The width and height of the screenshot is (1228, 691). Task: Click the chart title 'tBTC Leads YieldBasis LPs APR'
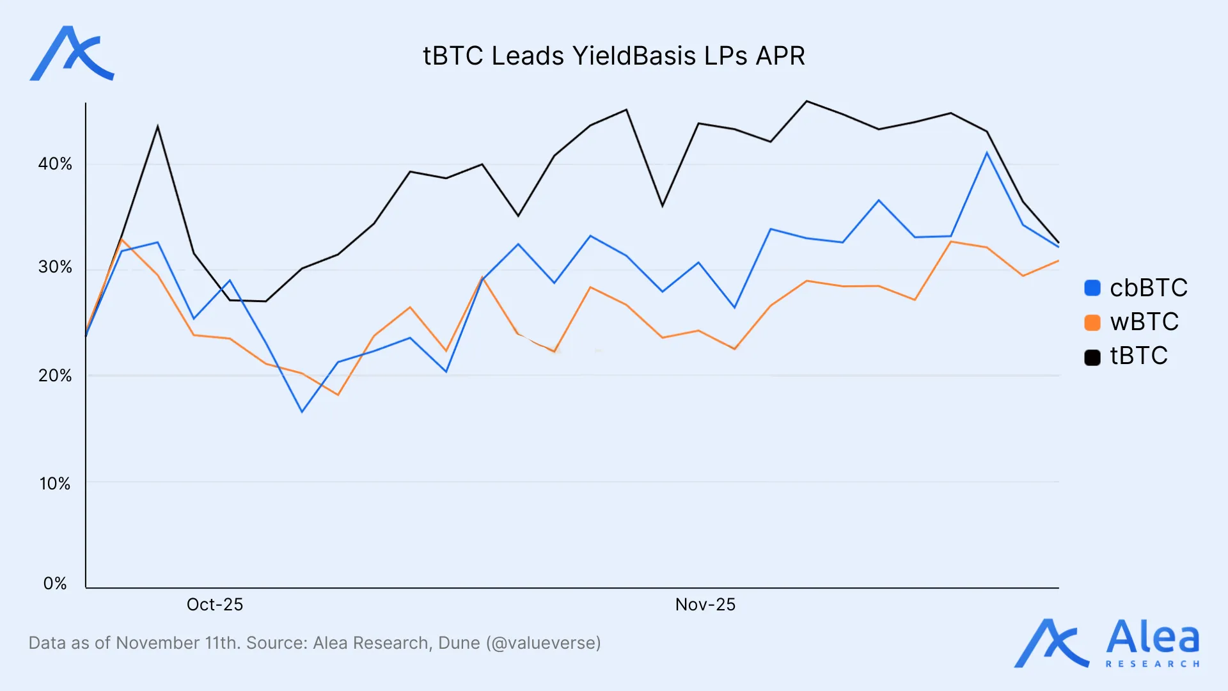(x=613, y=56)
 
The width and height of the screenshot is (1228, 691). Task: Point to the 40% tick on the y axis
(x=55, y=164)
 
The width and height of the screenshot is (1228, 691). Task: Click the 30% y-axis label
(x=55, y=267)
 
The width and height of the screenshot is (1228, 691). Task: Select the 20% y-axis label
(x=55, y=376)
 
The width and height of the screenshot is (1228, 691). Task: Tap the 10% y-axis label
(x=55, y=484)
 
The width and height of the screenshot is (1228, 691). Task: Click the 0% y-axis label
(x=55, y=584)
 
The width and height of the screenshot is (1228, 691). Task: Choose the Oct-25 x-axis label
(x=215, y=605)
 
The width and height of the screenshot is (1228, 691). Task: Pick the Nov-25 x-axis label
(x=705, y=605)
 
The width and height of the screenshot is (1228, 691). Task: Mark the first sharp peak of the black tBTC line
(x=157, y=127)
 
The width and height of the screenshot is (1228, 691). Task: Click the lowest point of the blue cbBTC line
(x=302, y=411)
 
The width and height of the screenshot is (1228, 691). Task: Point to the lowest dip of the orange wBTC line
(x=338, y=395)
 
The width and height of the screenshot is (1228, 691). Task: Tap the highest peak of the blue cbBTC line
(x=987, y=152)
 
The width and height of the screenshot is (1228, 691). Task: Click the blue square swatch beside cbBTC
(x=1092, y=288)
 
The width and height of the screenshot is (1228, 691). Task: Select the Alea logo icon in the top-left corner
(x=72, y=54)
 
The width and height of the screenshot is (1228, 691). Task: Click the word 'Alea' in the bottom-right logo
(x=1153, y=637)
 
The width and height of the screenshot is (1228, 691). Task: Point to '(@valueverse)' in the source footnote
(x=543, y=643)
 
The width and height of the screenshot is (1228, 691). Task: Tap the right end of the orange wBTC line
(x=1059, y=261)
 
